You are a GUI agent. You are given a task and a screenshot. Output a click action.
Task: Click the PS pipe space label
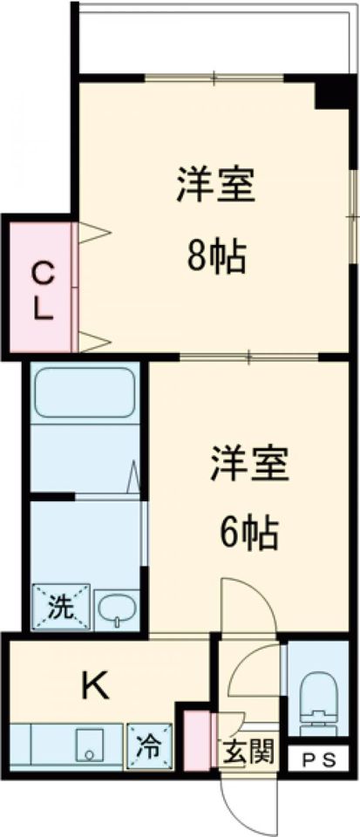320,759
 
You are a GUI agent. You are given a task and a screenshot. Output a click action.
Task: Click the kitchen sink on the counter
89,746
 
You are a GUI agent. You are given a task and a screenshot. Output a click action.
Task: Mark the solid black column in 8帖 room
331,92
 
